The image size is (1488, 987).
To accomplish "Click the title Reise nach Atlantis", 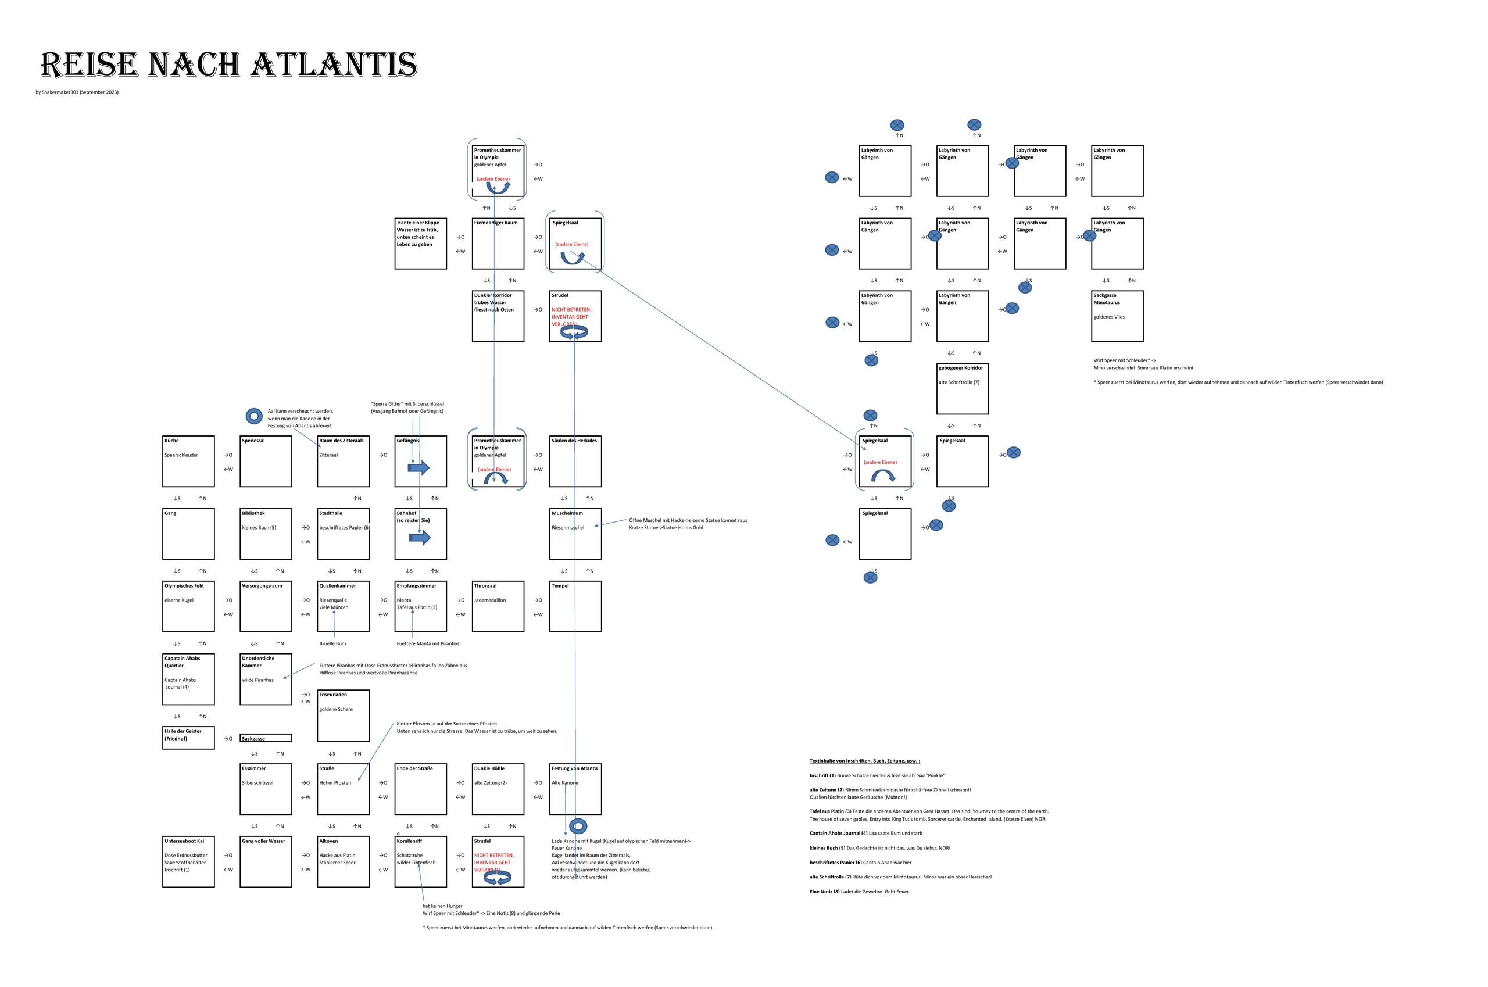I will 228,65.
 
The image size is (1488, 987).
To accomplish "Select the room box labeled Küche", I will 188,462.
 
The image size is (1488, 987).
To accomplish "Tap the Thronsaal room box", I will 498,606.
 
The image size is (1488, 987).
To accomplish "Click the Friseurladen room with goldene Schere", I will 343,716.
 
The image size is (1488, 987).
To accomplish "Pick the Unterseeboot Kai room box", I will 188,862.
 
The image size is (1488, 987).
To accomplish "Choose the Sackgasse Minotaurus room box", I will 1117,316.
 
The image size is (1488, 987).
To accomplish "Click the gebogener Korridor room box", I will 963,388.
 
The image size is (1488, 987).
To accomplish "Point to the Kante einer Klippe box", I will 420,244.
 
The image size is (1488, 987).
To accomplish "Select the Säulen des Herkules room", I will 575,462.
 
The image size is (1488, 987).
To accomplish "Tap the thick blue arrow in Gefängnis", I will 419,468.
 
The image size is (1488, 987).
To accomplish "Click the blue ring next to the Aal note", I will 253,416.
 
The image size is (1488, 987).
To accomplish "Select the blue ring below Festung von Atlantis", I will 578,826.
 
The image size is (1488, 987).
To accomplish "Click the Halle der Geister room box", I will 188,738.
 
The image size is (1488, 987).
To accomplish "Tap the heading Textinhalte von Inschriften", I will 864,761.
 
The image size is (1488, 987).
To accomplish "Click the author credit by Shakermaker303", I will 77,92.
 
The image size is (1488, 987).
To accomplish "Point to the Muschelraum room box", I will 575,534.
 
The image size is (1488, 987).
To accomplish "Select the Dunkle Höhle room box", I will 498,789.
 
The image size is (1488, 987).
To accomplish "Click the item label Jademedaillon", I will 490,600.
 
